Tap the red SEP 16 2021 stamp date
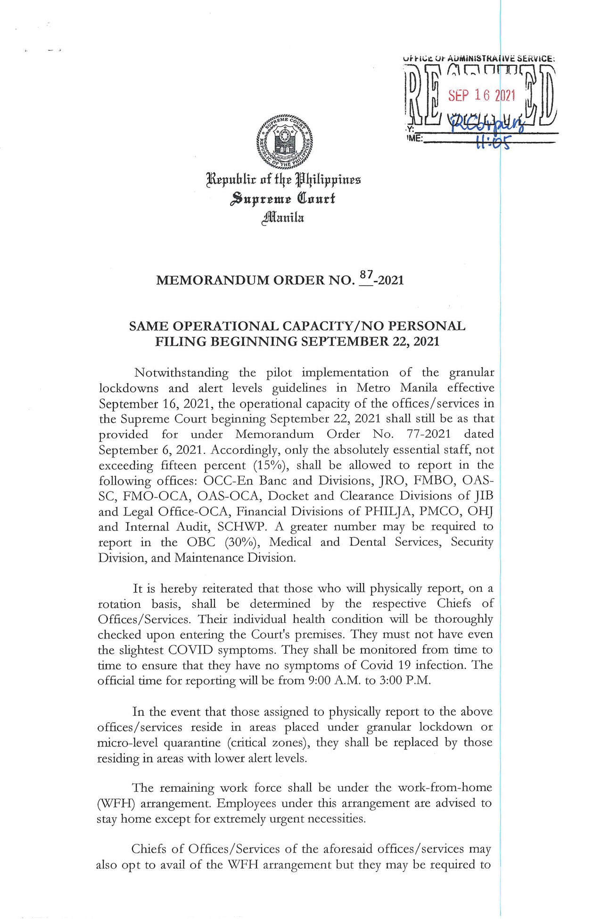[481, 96]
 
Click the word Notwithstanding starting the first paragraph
[181, 373]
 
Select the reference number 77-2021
[428, 434]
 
